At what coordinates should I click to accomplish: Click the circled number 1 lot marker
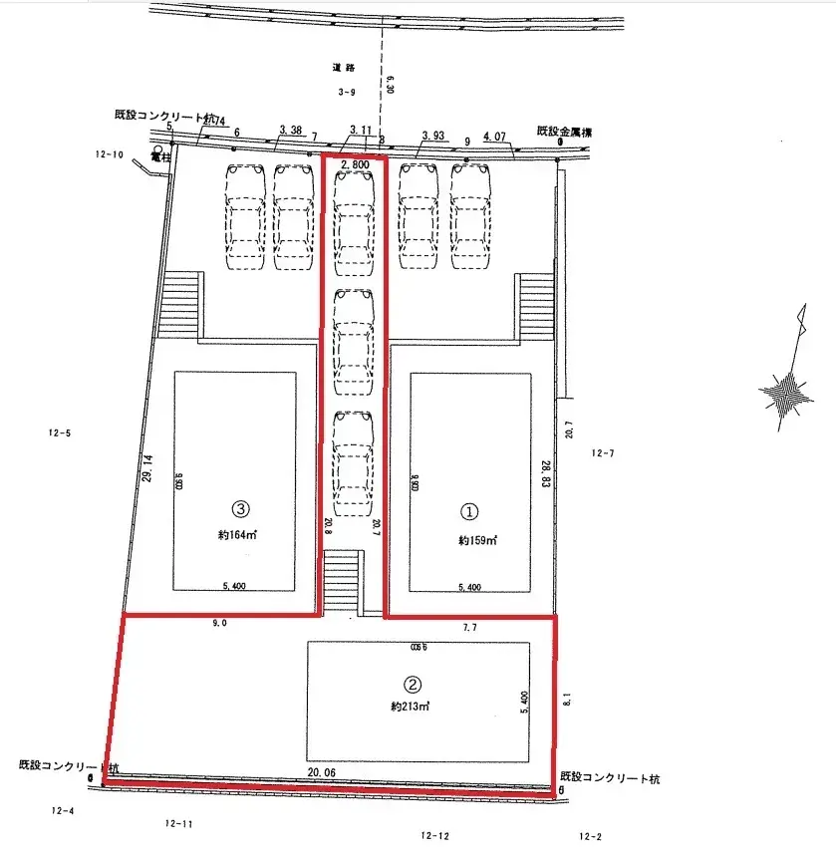[469, 510]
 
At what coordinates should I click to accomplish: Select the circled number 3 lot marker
[239, 507]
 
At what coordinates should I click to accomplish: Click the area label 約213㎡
[410, 707]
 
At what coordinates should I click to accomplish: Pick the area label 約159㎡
[477, 540]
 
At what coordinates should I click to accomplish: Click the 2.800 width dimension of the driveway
[356, 162]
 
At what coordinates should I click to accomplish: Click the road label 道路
[345, 68]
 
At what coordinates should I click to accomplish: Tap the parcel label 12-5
[60, 432]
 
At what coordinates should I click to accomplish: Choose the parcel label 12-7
[604, 453]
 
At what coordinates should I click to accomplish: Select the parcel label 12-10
[109, 154]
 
